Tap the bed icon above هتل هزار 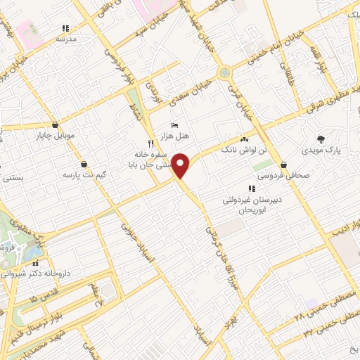[175, 125]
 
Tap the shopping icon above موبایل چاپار [55, 124]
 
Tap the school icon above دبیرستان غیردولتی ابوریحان [252, 188]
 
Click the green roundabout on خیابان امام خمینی [224, 72]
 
